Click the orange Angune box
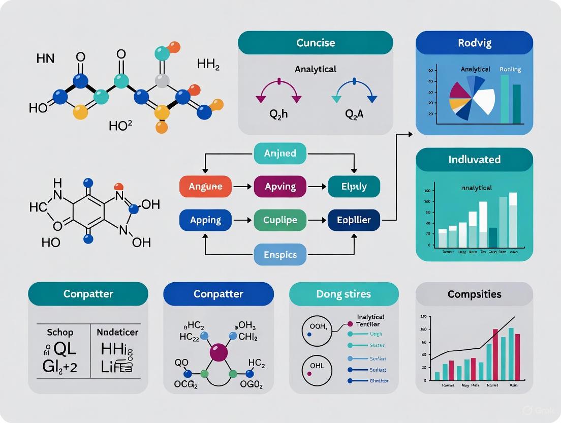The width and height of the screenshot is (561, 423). click(x=205, y=187)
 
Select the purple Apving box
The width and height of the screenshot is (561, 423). click(x=280, y=187)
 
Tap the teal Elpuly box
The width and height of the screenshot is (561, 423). click(x=354, y=187)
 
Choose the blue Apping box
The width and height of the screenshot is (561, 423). click(x=205, y=221)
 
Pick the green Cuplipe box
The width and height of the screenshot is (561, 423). click(x=280, y=221)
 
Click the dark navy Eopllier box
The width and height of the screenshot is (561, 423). click(x=354, y=221)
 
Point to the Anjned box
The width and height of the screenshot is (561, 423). click(x=280, y=153)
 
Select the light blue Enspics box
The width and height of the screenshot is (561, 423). click(x=280, y=254)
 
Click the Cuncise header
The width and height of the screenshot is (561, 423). click(x=316, y=43)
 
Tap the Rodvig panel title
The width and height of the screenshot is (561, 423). click(x=474, y=43)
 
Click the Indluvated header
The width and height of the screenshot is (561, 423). click(x=474, y=159)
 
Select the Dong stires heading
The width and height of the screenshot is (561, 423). click(x=344, y=294)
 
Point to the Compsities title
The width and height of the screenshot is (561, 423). click(x=474, y=294)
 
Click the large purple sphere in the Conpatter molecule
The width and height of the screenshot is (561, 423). click(x=219, y=352)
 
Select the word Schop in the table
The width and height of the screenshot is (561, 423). click(x=60, y=333)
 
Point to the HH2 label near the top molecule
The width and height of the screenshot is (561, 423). click(x=208, y=65)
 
